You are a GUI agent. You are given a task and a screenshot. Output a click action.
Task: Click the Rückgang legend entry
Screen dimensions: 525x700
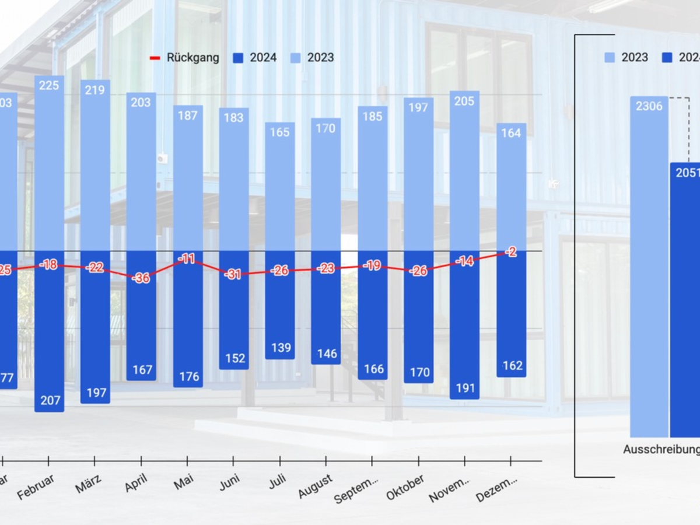185,58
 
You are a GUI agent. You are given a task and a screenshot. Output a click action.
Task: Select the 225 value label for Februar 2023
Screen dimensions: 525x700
49,86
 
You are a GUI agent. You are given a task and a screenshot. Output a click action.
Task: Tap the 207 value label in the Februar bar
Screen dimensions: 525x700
49,401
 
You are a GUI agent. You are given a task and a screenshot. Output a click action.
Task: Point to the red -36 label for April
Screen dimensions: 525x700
141,278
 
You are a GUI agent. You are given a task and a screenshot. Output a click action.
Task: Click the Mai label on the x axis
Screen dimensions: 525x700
184,482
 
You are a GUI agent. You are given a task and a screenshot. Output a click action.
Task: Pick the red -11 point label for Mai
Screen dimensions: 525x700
187,259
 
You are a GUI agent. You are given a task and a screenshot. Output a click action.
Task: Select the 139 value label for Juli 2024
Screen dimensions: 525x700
281,348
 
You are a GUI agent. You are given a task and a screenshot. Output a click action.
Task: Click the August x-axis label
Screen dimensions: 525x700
316,486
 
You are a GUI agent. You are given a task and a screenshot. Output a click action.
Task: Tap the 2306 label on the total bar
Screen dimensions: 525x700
649,106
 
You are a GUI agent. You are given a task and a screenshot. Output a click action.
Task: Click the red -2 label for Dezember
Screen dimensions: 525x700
512,252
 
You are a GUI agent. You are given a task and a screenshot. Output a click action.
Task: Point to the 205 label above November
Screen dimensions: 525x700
464,101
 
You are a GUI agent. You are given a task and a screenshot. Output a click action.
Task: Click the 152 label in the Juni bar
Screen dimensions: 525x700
235,358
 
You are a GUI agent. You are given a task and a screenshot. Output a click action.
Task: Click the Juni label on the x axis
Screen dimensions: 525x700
230,484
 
